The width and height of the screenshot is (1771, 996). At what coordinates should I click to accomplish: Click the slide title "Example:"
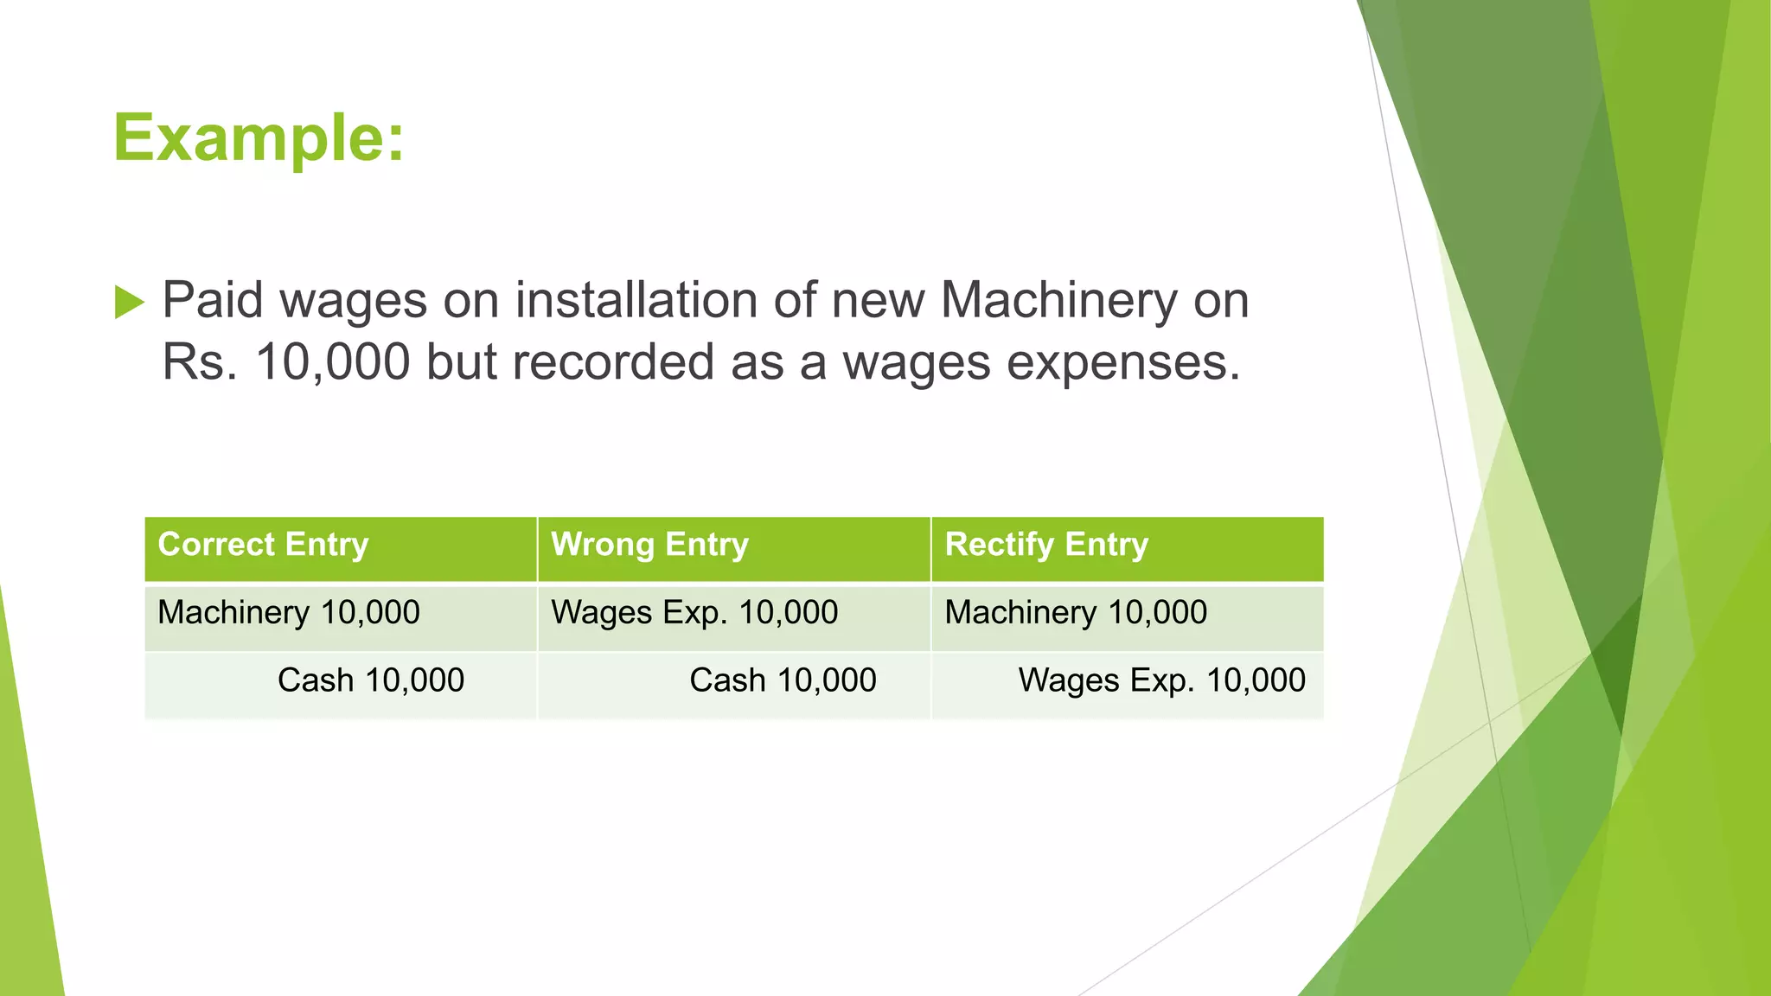tap(259, 137)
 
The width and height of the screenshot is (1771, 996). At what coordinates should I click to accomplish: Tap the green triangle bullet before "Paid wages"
tap(129, 303)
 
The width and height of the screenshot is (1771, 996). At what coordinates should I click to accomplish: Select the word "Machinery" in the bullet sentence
tap(1058, 301)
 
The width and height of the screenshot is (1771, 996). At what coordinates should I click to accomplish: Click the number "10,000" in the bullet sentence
tap(333, 362)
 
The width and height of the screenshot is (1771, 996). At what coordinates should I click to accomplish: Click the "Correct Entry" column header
tap(263, 545)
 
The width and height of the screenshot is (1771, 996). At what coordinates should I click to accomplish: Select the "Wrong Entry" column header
tap(649, 545)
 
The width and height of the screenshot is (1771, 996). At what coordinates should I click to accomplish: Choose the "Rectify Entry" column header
tap(1046, 545)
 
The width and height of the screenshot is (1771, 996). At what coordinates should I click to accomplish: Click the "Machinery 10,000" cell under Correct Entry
tap(289, 613)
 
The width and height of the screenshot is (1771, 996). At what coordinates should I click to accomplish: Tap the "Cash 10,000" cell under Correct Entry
tap(371, 680)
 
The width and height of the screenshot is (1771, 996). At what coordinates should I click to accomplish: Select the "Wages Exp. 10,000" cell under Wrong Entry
tap(694, 613)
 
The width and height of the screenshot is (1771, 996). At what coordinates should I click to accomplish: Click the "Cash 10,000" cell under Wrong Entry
tap(783, 680)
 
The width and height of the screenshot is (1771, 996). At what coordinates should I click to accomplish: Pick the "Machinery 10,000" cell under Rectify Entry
tap(1076, 613)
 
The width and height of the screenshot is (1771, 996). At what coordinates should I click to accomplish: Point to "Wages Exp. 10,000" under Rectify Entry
tap(1161, 680)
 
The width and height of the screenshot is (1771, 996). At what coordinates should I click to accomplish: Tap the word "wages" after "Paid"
tap(354, 301)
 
